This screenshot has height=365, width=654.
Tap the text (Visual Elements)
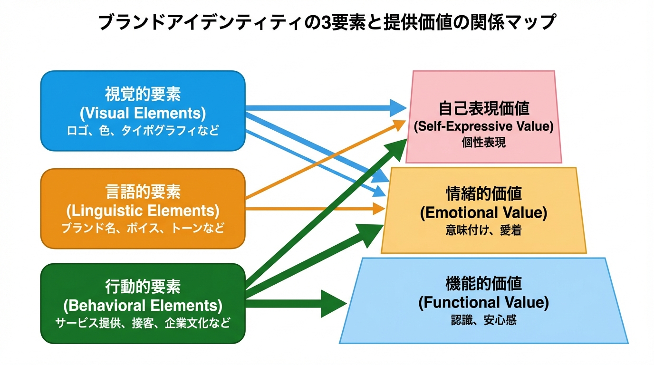point(143,113)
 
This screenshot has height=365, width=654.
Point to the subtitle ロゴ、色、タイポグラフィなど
point(143,131)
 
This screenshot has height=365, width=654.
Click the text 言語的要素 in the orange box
point(143,192)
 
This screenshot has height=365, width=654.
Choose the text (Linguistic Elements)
point(143,210)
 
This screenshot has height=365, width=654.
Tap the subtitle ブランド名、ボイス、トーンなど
point(143,228)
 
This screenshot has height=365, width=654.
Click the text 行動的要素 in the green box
point(143,287)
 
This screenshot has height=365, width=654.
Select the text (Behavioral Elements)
point(143,305)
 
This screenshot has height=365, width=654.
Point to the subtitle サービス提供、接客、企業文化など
point(143,324)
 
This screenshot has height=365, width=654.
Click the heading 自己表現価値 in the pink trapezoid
point(484,109)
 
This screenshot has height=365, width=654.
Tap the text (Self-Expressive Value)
point(484,127)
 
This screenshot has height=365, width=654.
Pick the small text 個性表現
point(484,143)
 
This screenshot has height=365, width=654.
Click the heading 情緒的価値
point(484,194)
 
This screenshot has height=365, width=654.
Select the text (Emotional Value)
point(484,212)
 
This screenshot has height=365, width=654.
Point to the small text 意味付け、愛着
point(484,231)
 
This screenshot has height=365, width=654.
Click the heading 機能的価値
point(484,284)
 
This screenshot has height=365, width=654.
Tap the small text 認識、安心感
point(484,320)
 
